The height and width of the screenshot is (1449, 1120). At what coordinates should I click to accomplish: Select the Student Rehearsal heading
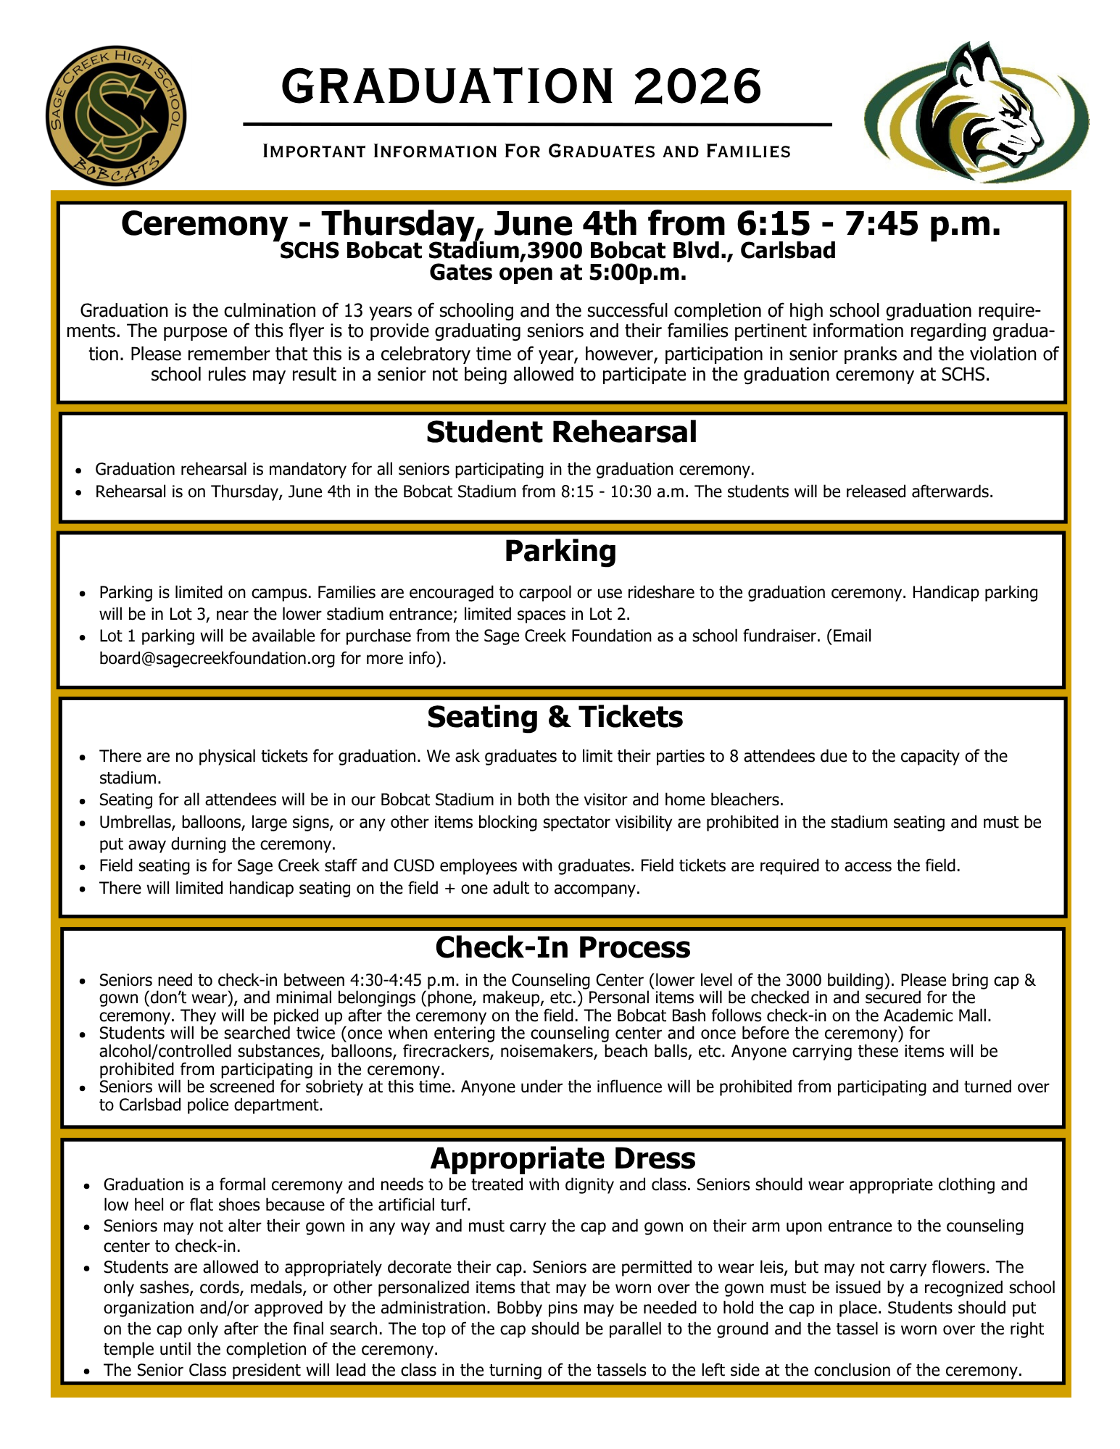click(561, 432)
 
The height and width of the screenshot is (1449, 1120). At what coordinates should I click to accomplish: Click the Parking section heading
click(560, 552)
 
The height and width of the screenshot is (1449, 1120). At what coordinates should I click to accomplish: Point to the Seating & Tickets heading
click(555, 717)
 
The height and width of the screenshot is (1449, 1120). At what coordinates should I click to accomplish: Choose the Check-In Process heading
click(563, 947)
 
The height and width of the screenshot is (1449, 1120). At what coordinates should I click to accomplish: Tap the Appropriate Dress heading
click(563, 1158)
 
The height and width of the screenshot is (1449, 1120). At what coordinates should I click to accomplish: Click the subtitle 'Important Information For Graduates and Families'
click(526, 151)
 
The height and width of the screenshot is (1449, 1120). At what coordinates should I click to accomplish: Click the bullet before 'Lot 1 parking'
click(83, 636)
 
